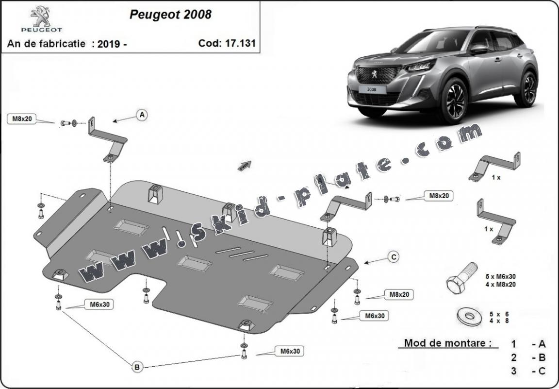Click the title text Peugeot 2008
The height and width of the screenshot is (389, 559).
tap(170, 14)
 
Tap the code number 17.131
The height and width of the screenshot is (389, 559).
tap(240, 43)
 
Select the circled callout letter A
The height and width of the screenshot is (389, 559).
tap(142, 115)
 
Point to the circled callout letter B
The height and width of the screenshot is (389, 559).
tap(137, 367)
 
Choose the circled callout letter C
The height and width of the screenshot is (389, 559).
tap(393, 257)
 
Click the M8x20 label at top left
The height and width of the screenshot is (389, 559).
tap(22, 119)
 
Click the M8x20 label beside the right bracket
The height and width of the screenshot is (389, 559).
tap(439, 196)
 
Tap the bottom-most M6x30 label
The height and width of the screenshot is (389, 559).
tap(290, 351)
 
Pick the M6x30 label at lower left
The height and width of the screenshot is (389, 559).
tap(99, 304)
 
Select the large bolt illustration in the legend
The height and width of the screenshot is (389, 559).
tap(461, 277)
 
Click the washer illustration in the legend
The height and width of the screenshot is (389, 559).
tap(469, 316)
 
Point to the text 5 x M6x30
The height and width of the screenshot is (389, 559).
tap(500, 277)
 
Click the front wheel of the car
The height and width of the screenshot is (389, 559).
tap(455, 100)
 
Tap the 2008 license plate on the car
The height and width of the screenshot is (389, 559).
tap(371, 89)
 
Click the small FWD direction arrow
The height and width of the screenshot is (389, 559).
tap(245, 166)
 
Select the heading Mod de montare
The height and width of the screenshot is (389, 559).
tap(445, 343)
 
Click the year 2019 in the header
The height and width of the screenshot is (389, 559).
tap(110, 44)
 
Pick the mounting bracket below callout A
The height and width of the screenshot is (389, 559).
tap(107, 140)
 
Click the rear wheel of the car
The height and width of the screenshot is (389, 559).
tap(527, 89)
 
